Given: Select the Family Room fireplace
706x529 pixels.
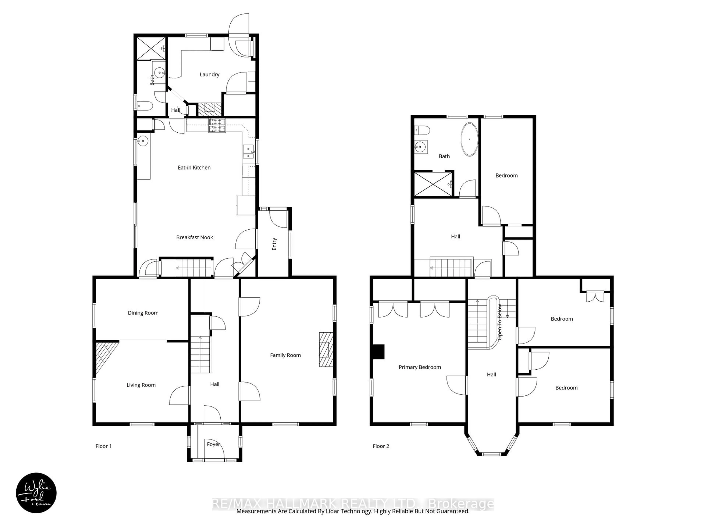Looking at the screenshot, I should coord(326,350).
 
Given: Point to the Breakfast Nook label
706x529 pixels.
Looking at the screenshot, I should coord(194,237).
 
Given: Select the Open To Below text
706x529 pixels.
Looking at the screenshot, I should coord(500,322).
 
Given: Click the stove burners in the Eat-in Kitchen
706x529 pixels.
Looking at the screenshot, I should coord(217,125).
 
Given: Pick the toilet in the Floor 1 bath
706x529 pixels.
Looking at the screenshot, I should coord(145,106).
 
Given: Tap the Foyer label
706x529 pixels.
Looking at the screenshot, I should coord(213,444).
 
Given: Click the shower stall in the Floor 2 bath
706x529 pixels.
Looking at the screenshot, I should coord(433,184).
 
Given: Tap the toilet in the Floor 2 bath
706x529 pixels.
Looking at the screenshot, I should coord(422,130).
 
